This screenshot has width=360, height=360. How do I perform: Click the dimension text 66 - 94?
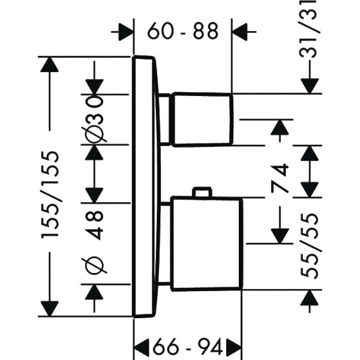pyautogui.click(x=187, y=346)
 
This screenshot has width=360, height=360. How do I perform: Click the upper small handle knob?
pyautogui.click(x=202, y=119)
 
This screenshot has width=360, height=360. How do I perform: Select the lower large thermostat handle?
pyautogui.click(x=206, y=243)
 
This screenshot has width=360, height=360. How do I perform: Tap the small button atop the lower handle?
pyautogui.click(x=202, y=193)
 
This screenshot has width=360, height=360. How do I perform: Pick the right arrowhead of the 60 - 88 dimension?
pyautogui.click(x=239, y=31)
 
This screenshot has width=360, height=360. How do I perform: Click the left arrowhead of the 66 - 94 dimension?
pyautogui.click(x=140, y=346)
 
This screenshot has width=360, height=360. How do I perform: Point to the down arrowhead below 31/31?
pyautogui.click(x=310, y=85)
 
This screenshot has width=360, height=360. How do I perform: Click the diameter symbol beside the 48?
pyautogui.click(x=96, y=264)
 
